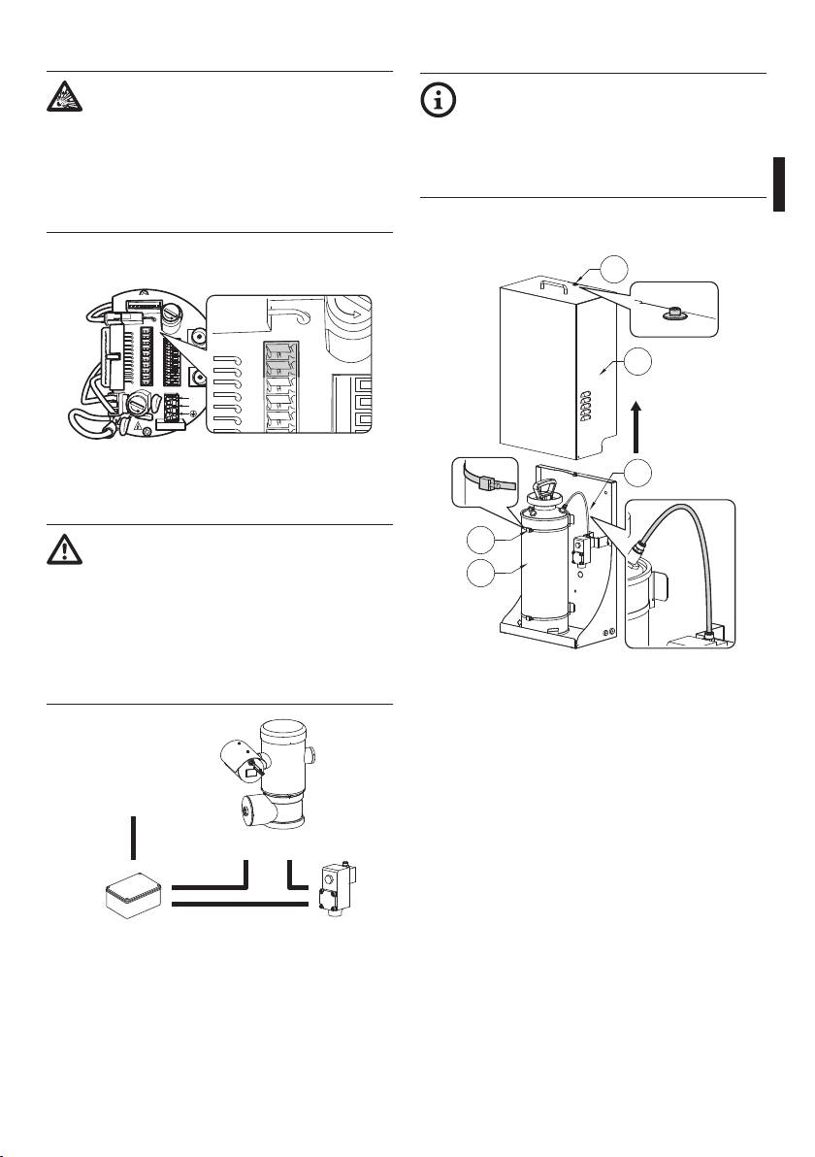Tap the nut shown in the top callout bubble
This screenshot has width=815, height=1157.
tap(671, 312)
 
